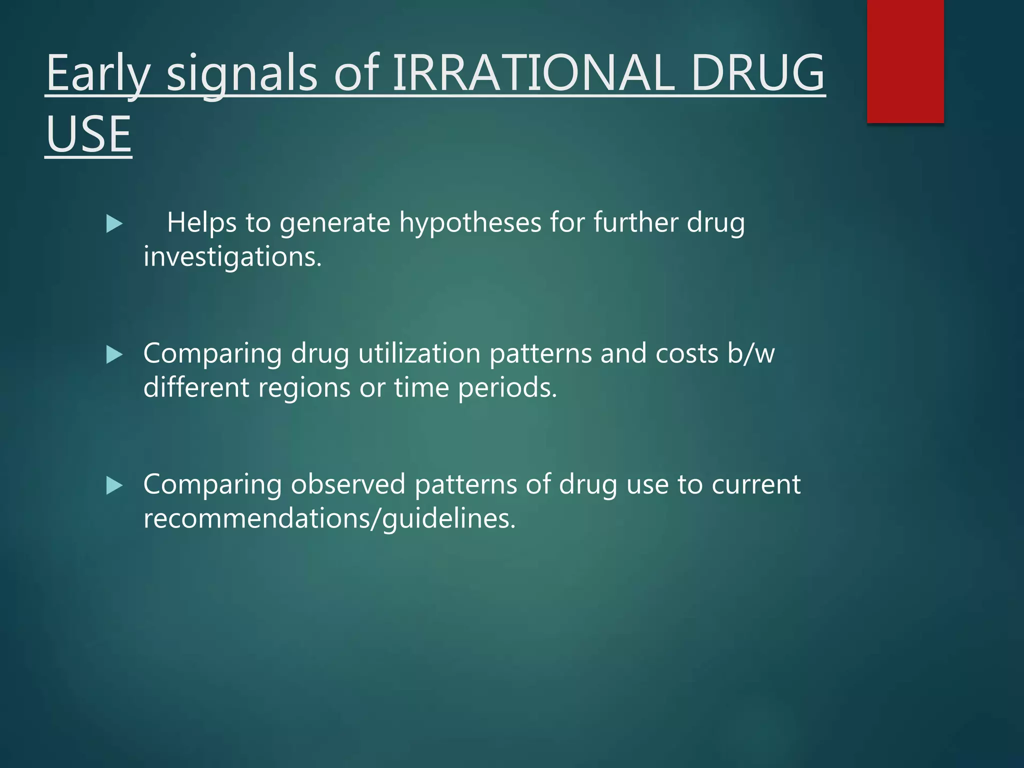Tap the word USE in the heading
(x=88, y=134)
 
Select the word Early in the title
(x=98, y=73)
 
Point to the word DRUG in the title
(x=757, y=73)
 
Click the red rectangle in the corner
(x=905, y=61)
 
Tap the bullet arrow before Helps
(x=114, y=224)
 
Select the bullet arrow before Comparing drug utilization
(x=114, y=355)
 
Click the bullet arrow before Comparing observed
(x=114, y=485)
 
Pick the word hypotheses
(x=470, y=223)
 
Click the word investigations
(x=232, y=257)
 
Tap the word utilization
(x=419, y=353)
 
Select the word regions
(x=304, y=387)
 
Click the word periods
(x=507, y=387)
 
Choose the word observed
(x=348, y=484)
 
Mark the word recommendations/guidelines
(x=329, y=518)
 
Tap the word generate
(x=334, y=223)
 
